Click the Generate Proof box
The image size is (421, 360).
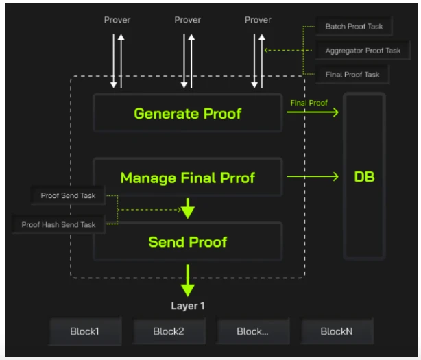tap(187, 113)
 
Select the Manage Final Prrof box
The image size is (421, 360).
tap(187, 178)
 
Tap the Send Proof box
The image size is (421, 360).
tap(187, 241)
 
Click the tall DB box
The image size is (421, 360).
tap(364, 177)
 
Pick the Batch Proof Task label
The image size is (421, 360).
tap(353, 27)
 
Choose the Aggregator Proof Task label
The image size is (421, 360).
tap(363, 51)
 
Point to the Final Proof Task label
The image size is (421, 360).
tap(352, 74)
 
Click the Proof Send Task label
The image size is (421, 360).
tap(68, 196)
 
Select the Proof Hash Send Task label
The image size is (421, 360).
tap(58, 224)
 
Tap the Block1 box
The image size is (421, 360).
tap(85, 331)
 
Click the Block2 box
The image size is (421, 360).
tap(169, 331)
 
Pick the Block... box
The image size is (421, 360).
tap(252, 331)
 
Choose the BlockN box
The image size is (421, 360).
tap(337, 331)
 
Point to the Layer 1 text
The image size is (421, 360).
tap(188, 306)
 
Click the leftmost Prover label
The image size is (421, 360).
tap(117, 20)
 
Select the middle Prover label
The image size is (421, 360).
tap(187, 20)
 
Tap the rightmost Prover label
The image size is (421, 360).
tap(258, 20)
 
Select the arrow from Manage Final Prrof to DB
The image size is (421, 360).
tap(313, 178)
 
